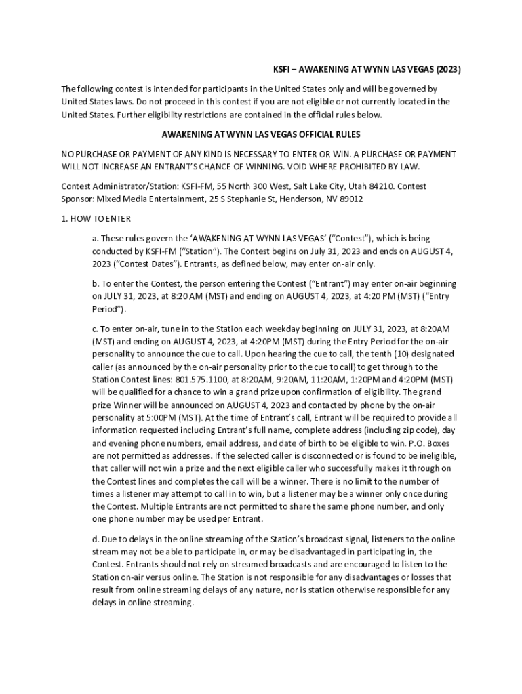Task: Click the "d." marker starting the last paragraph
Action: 96,539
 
